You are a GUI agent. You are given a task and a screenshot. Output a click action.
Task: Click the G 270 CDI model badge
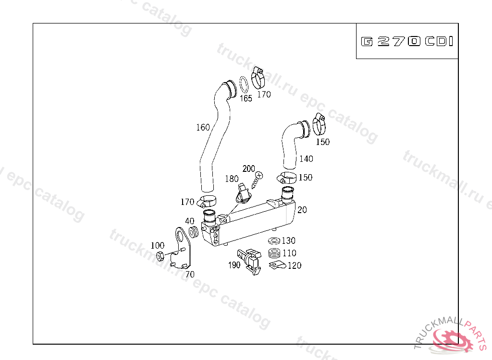(x=407, y=41)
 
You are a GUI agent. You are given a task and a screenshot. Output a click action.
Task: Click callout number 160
(x=203, y=127)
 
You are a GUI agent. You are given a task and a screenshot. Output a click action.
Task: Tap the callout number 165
(x=246, y=98)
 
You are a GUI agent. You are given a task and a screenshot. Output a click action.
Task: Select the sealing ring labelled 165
(x=244, y=84)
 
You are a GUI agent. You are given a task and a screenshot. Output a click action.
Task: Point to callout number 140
(x=306, y=159)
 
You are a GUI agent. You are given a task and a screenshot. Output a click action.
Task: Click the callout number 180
(x=232, y=179)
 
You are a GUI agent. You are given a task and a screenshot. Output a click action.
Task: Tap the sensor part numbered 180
(x=244, y=193)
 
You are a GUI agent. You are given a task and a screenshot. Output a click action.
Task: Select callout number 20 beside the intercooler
(x=302, y=210)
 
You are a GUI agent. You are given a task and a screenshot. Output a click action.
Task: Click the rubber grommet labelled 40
(x=194, y=232)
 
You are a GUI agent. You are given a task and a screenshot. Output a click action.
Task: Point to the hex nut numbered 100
(x=160, y=256)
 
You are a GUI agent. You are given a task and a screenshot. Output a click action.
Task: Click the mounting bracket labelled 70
(x=182, y=248)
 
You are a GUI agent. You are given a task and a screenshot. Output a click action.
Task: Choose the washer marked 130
(x=274, y=240)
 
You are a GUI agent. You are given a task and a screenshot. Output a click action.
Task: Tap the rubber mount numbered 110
(x=274, y=253)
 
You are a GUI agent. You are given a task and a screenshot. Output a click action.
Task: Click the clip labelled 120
(x=277, y=265)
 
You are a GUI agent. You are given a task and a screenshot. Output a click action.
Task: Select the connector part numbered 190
(x=250, y=261)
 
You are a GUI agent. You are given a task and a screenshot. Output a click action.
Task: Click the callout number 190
(x=234, y=265)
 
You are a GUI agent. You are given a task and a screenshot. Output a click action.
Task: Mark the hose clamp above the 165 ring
(x=258, y=78)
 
